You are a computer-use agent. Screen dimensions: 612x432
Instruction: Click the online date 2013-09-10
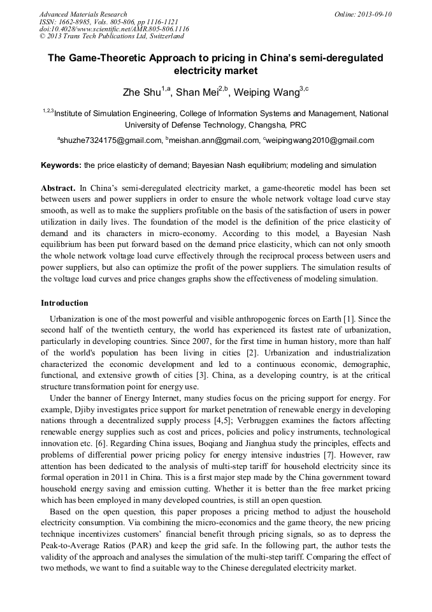pyautogui.click(x=373, y=14)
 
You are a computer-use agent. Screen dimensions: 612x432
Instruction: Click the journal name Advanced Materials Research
pyautogui.click(x=83, y=14)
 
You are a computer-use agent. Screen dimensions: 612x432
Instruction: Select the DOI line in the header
pyautogui.click(x=114, y=29)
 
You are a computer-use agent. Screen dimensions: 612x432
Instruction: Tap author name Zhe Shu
pyautogui.click(x=141, y=93)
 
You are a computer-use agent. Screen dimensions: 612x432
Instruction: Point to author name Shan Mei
pyautogui.click(x=197, y=93)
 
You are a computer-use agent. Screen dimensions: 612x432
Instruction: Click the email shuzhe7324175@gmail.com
pyautogui.click(x=111, y=140)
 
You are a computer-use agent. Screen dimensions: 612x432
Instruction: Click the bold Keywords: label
pyautogui.click(x=61, y=165)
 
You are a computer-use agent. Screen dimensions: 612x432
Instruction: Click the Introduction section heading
pyautogui.click(x=64, y=302)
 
